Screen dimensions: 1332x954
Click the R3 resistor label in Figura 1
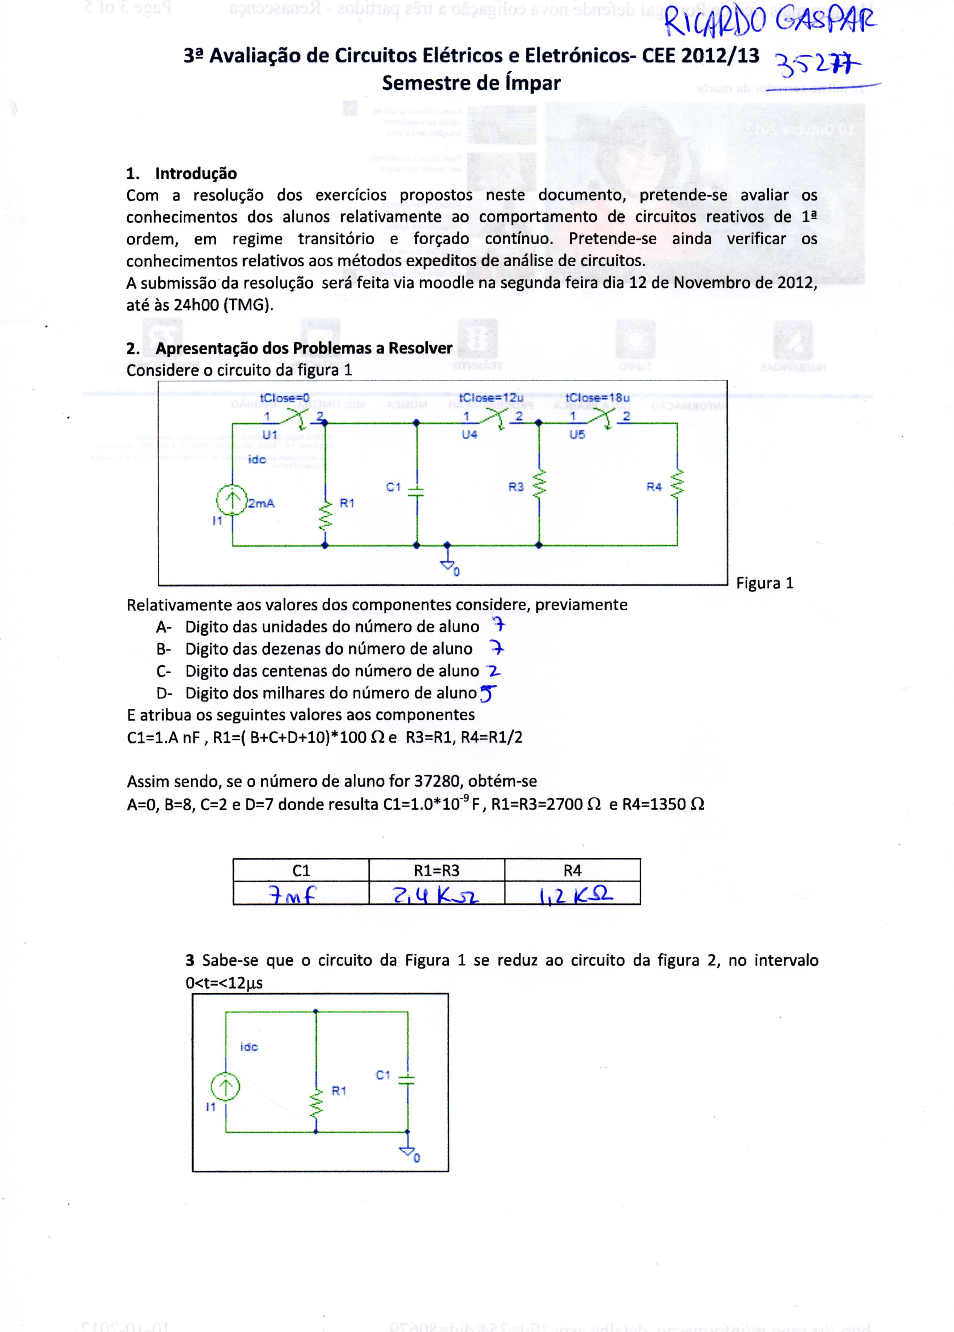tap(516, 487)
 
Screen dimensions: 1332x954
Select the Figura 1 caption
tap(764, 583)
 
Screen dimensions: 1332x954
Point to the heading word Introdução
tap(196, 173)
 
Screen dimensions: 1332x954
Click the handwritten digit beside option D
tap(488, 694)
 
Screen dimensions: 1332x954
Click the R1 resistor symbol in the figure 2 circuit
tap(316, 1102)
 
